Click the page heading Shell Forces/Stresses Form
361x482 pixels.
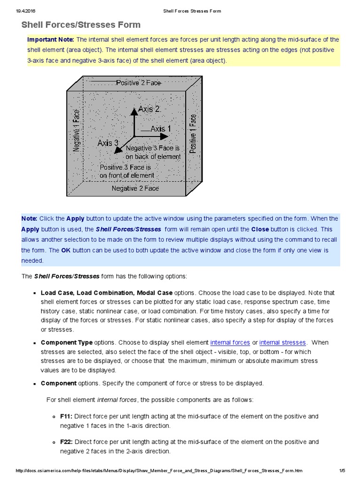(81, 25)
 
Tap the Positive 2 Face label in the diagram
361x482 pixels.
(138, 83)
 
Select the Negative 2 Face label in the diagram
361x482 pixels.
(135, 188)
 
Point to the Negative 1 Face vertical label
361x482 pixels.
(77, 131)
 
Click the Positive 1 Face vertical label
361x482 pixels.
(193, 134)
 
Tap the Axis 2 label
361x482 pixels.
(149, 109)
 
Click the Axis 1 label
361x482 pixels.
(161, 128)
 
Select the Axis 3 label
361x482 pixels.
(108, 143)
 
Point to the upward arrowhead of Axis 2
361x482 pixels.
(134, 110)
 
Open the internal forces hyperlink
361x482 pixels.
(230, 343)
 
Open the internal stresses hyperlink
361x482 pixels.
(283, 343)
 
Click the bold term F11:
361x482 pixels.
(66, 416)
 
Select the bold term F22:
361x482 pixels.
(66, 442)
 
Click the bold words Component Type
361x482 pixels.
(67, 343)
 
